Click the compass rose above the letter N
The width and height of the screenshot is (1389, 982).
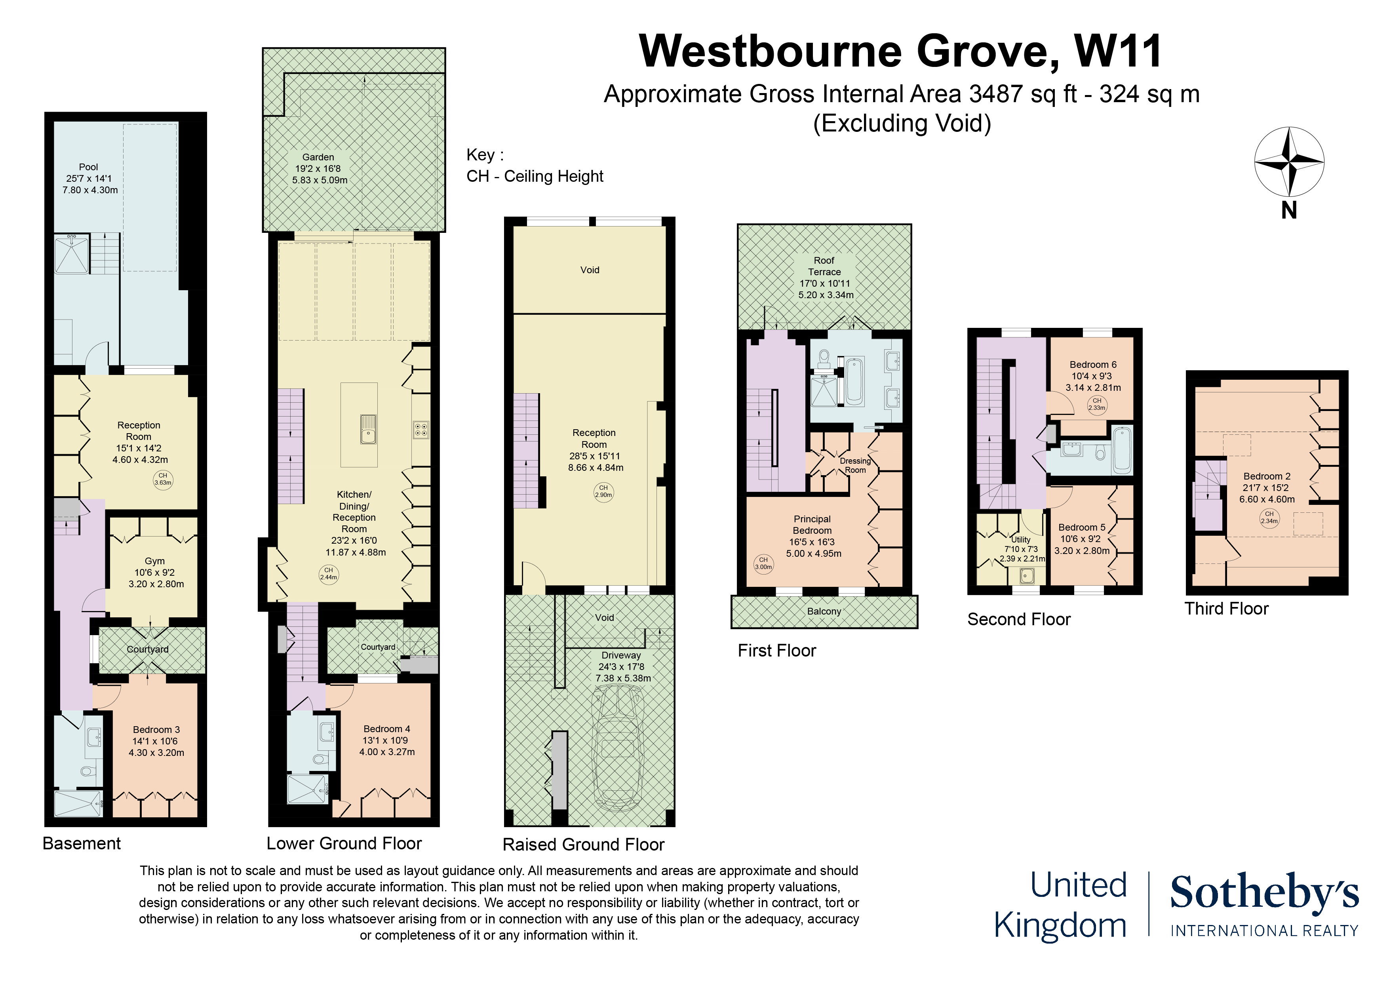click(x=1289, y=162)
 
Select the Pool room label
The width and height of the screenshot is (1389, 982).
click(x=89, y=178)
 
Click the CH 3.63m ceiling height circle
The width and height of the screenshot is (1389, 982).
click(x=163, y=479)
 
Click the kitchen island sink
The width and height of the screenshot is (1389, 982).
click(x=368, y=429)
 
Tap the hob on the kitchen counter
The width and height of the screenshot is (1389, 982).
click(x=421, y=430)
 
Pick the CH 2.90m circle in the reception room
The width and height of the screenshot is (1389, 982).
click(x=603, y=491)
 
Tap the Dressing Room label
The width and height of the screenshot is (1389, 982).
click(x=855, y=465)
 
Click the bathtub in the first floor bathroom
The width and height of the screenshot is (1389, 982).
click(x=855, y=381)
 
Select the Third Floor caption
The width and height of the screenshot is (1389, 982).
click(x=1226, y=609)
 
